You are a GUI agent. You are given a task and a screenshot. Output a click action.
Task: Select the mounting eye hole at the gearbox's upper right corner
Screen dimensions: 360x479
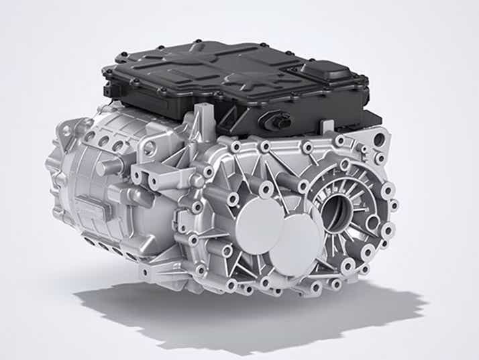point(378,140)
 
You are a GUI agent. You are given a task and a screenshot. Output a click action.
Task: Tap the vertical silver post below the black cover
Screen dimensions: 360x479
point(201,121)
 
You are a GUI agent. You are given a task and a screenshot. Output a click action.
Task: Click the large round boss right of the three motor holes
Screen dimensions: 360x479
point(149,148)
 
